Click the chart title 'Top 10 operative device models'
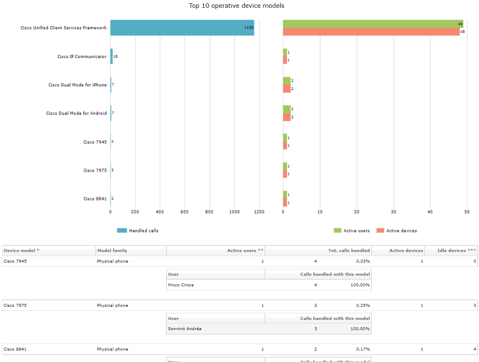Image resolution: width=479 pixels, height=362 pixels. (x=236, y=6)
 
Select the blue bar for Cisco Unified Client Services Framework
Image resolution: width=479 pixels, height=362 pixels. (x=182, y=28)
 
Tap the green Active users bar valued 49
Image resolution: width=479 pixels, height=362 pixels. (x=373, y=24)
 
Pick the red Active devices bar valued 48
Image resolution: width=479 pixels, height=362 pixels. (x=371, y=32)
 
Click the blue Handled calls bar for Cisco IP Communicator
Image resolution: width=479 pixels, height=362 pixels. (x=111, y=56)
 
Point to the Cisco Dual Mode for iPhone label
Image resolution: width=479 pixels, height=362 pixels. (x=77, y=85)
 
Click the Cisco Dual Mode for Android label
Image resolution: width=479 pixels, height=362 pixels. (x=76, y=113)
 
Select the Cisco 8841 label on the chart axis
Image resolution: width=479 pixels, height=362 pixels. (x=95, y=199)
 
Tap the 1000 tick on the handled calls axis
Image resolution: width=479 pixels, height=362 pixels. (x=234, y=212)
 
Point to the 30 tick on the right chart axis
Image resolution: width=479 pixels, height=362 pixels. (x=394, y=212)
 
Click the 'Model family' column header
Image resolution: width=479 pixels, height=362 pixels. (x=112, y=251)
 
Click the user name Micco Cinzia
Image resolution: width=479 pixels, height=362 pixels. (x=181, y=285)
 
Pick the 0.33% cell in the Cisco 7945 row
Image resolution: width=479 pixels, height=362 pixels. (x=363, y=261)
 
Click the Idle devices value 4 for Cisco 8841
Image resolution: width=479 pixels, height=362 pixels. (x=475, y=349)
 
